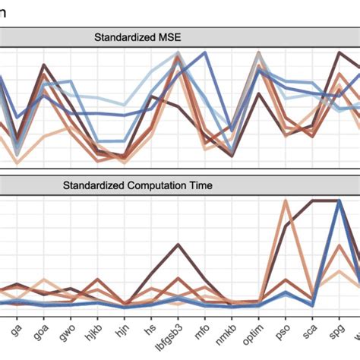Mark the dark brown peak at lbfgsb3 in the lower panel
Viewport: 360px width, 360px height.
pos(178,244)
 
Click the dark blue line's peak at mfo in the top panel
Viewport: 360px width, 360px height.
pos(204,53)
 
